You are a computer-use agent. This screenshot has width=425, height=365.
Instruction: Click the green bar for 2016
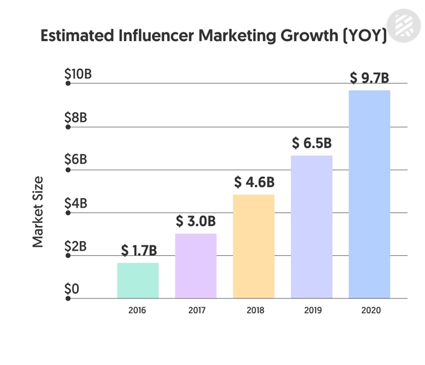[x=138, y=280]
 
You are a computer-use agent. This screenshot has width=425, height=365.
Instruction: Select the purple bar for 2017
[x=195, y=265]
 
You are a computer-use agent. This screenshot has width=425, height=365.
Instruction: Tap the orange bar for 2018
[x=253, y=246]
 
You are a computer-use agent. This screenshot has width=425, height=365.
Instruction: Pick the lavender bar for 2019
[x=311, y=226]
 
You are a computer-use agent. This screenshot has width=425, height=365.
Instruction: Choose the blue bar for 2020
[x=369, y=194]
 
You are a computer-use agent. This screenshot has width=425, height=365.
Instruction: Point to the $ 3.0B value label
[x=195, y=221]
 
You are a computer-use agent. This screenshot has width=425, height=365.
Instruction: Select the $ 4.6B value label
[x=254, y=182]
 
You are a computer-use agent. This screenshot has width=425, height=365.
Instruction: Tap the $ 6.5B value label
[x=311, y=143]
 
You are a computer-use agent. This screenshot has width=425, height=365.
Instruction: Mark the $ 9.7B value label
[x=369, y=78]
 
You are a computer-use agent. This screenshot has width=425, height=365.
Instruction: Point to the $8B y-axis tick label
[x=76, y=118]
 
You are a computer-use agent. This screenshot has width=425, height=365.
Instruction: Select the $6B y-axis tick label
[x=76, y=160]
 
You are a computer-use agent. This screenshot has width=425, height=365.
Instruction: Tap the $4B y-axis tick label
[x=76, y=203]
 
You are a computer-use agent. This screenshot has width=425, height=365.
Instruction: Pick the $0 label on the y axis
[x=72, y=289]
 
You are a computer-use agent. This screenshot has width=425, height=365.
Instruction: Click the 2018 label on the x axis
[x=256, y=311]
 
